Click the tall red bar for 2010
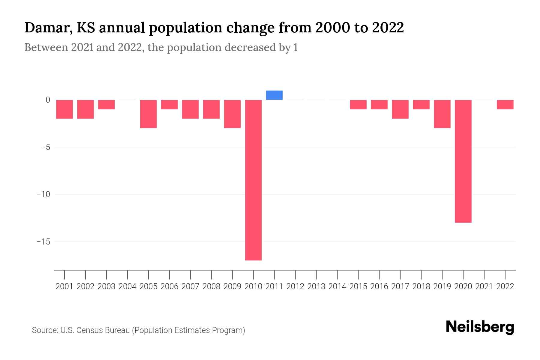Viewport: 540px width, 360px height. coord(253,180)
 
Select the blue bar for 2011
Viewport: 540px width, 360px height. coord(274,95)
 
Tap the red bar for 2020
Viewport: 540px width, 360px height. coord(463,161)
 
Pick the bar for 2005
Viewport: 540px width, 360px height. coord(148,114)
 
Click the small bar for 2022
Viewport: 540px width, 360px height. coord(505,105)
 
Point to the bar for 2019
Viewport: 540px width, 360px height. coord(442,114)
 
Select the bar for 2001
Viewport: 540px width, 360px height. coord(64,109)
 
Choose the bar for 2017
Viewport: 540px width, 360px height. coord(400,109)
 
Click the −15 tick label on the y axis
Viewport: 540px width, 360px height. coord(43,242)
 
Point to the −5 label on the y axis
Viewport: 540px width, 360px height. coord(43,147)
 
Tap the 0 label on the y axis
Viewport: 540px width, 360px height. coord(48,100)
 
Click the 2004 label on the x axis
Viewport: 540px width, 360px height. coord(127,286)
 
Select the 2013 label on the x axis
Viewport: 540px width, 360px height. coord(316,286)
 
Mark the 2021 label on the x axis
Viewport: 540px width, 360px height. coord(484,286)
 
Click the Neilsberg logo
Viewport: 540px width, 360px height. coord(480,327)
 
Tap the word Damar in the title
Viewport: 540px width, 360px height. coord(46,28)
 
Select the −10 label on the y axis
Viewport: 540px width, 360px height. coord(43,194)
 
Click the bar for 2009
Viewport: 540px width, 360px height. coord(232,114)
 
